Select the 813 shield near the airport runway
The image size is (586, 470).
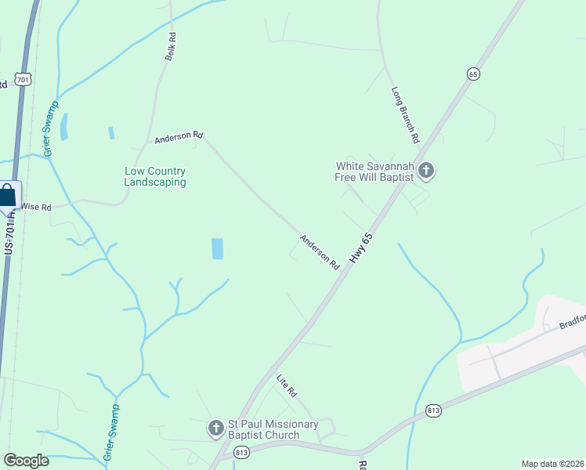click(433, 410)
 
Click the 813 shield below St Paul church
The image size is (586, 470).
click(241, 452)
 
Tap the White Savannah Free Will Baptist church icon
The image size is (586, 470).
click(427, 170)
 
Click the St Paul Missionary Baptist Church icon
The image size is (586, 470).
click(215, 428)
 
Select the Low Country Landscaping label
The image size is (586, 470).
click(155, 176)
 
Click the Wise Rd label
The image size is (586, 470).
click(36, 208)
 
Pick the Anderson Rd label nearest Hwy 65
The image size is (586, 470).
click(319, 252)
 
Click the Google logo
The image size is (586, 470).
click(26, 461)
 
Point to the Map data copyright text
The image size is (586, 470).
click(552, 464)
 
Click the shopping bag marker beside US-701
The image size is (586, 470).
click(7, 195)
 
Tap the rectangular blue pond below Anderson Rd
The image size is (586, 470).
click(217, 248)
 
